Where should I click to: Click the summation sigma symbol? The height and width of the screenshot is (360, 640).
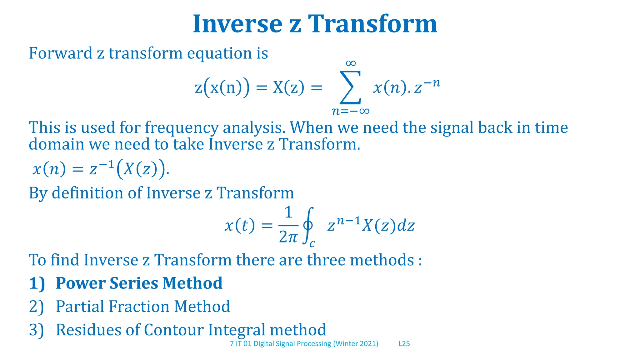(x=351, y=87)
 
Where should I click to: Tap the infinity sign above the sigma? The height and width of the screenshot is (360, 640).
(x=351, y=63)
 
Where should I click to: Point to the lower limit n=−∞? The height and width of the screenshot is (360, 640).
(x=351, y=111)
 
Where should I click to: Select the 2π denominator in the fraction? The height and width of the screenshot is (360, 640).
(x=288, y=237)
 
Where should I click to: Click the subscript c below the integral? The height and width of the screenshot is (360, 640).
(x=312, y=243)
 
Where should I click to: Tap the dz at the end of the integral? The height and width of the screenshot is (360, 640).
(x=406, y=225)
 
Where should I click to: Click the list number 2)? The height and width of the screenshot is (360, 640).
(x=36, y=307)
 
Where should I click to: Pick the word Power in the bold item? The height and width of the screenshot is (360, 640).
(x=81, y=283)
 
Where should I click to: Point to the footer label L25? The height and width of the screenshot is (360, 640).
(x=404, y=344)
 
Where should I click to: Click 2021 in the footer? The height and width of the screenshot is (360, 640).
(x=367, y=344)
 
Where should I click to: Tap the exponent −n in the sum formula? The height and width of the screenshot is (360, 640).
(x=432, y=83)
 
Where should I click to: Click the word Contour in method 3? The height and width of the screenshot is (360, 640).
(x=174, y=330)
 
